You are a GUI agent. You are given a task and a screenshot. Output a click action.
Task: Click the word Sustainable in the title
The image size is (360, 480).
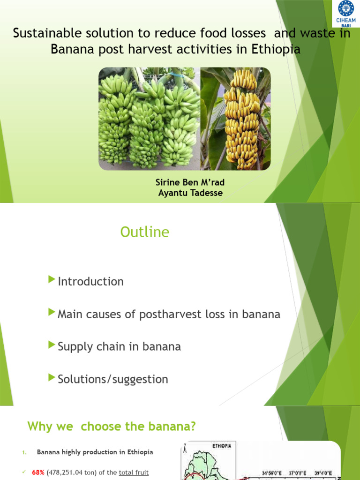click(43, 34)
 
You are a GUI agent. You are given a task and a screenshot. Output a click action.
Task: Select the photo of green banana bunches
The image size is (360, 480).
click(149, 118)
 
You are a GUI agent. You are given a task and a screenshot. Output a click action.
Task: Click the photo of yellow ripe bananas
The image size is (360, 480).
click(236, 118)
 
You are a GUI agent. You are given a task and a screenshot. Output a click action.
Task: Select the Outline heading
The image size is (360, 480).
click(145, 232)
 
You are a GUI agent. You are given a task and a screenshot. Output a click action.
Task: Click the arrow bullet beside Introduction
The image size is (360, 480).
click(52, 280)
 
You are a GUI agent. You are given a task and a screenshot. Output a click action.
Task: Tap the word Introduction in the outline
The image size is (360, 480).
click(90, 282)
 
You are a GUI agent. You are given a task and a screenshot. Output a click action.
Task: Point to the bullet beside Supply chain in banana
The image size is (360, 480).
click(52, 345)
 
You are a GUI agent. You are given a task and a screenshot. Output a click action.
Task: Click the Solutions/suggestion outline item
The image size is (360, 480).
click(112, 379)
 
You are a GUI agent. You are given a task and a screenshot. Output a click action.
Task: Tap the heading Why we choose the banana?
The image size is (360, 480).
click(111, 427)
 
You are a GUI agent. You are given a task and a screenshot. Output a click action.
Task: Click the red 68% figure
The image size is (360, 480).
click(38, 473)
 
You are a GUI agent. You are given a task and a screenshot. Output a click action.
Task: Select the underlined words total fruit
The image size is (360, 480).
click(134, 473)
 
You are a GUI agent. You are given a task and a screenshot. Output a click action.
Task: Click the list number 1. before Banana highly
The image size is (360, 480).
click(24, 453)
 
